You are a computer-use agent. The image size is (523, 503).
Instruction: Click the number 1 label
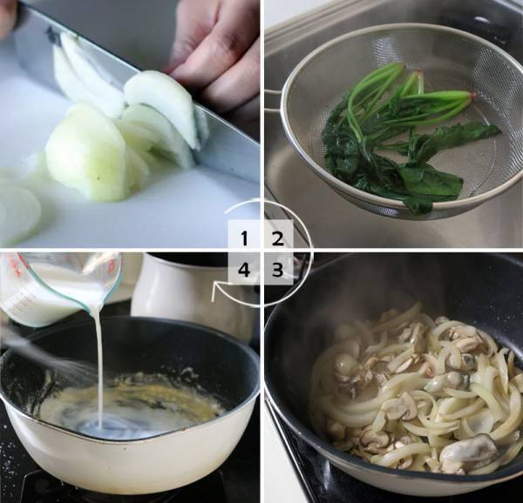tap(244, 238)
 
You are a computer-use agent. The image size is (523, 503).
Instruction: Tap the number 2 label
tap(278, 238)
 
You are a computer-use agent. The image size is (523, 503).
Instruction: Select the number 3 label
tap(277, 269)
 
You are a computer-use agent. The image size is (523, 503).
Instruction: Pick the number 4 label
tap(244, 269)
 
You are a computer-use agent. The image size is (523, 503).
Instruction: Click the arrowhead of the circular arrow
tap(217, 289)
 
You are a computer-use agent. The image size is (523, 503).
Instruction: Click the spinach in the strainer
tap(407, 140)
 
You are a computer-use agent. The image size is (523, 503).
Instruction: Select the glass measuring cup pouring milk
tap(60, 286)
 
